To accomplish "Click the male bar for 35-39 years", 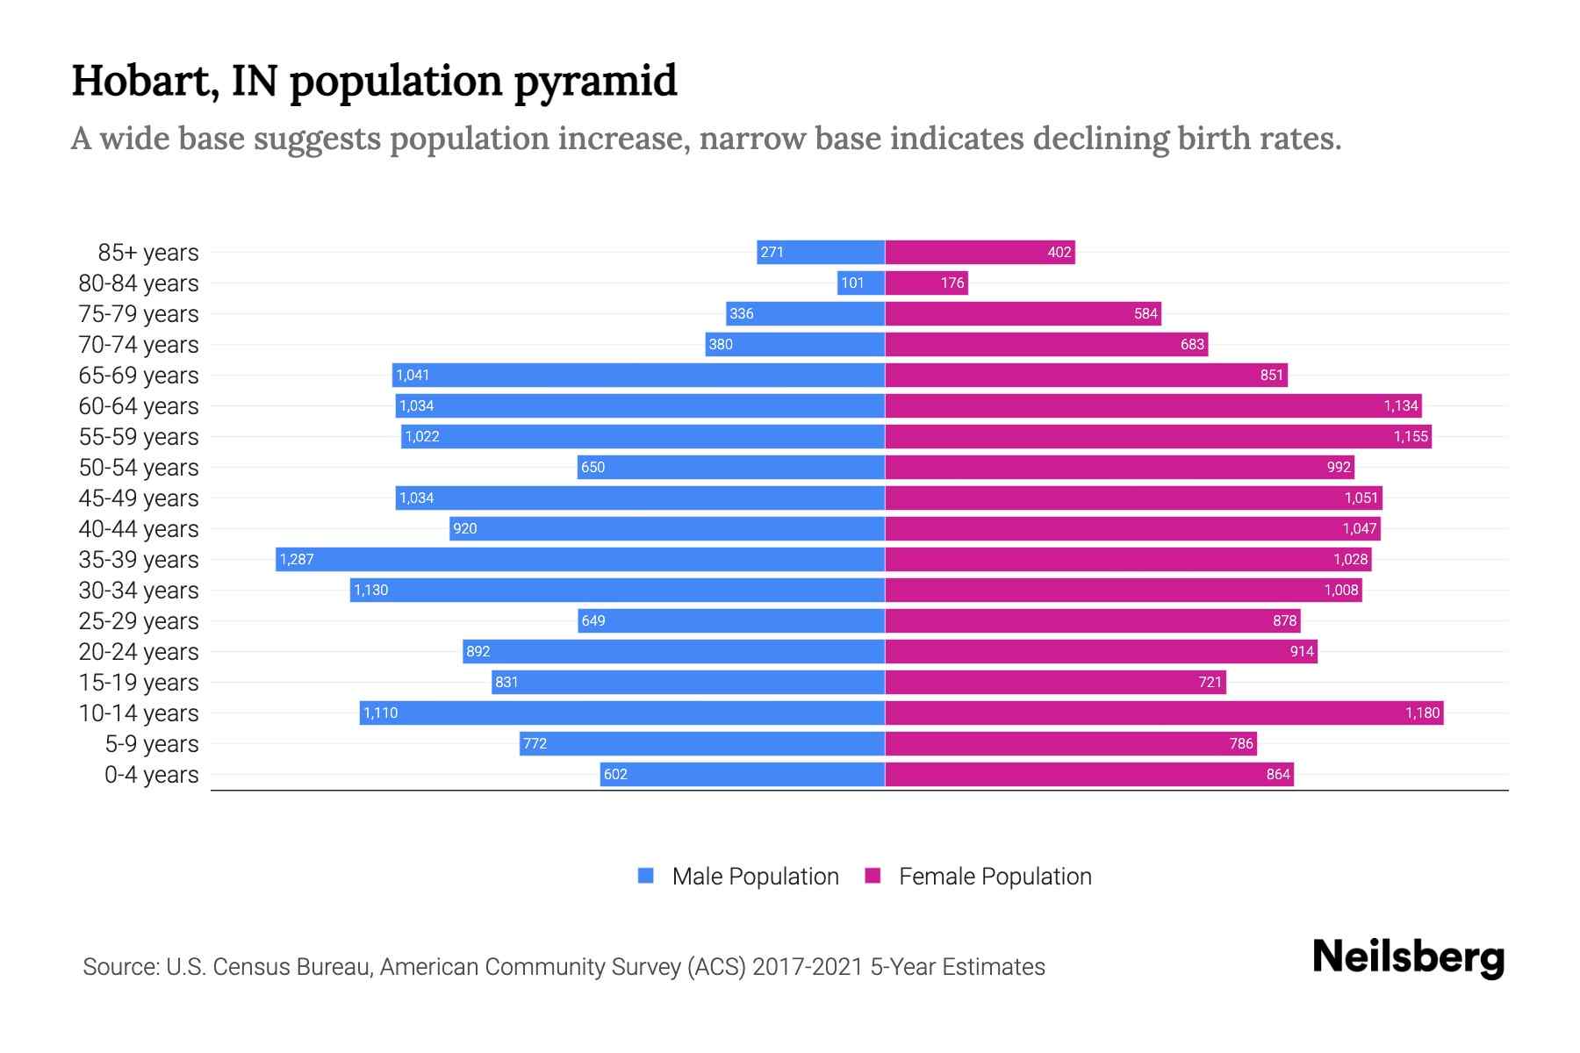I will point(579,559).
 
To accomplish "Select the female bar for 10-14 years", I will point(1163,713).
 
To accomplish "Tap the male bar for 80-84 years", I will point(860,283).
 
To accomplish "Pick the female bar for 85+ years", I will point(979,252).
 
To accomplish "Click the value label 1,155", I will point(1411,436).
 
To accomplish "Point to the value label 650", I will point(592,467).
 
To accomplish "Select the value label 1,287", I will point(297,559).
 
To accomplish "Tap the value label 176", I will point(952,283).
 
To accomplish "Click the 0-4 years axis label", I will point(151,774).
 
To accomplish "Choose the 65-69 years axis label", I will point(139,375).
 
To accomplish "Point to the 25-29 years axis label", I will point(139,620).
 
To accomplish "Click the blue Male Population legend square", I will point(646,876).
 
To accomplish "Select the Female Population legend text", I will point(995,876).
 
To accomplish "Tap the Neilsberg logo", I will point(1408,957).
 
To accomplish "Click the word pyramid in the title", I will point(594,81).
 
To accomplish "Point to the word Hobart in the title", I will point(145,81).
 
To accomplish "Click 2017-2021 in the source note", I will point(807,966).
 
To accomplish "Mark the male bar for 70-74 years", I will point(794,344).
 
